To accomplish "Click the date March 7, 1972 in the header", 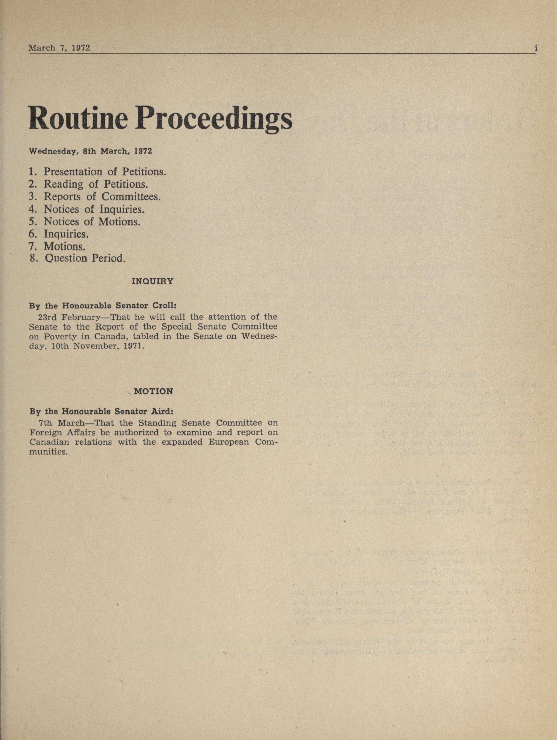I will click(59, 48).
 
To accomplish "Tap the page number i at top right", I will click(536, 48).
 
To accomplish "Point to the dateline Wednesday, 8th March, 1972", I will click(90, 151).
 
